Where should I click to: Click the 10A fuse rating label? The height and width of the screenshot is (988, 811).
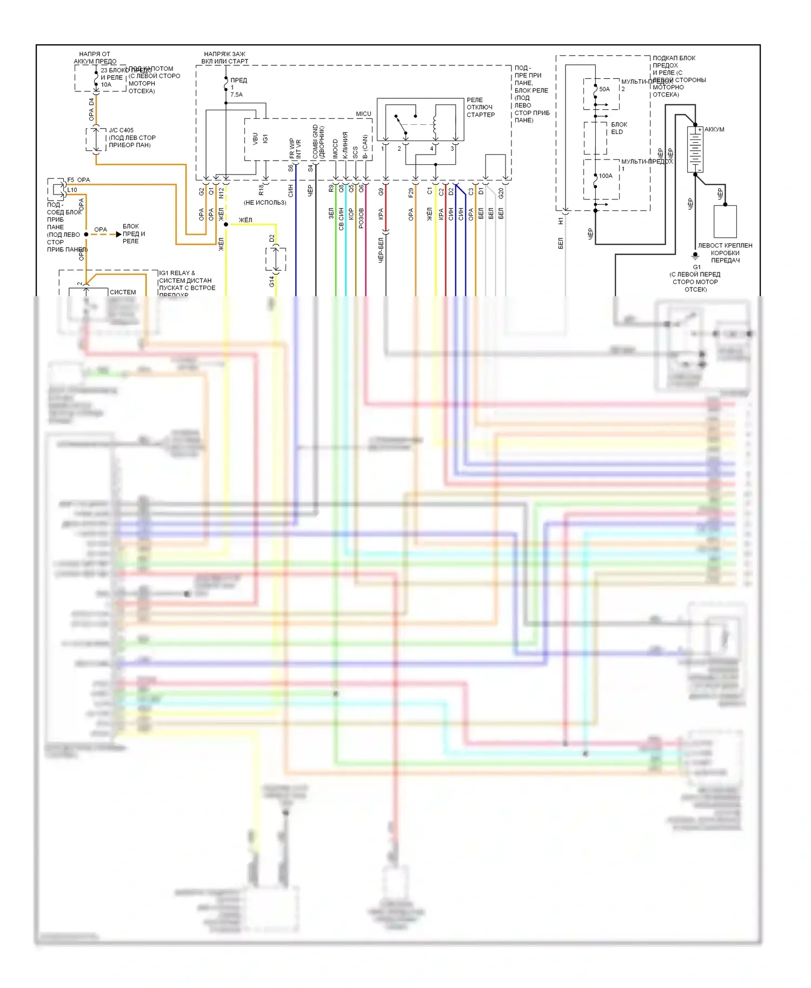106,85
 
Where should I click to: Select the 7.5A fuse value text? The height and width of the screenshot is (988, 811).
237,95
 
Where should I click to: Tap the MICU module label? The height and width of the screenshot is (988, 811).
363,114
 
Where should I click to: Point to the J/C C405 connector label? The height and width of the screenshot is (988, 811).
121,130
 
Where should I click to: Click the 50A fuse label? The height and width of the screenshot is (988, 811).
604,89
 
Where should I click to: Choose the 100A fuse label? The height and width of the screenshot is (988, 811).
606,176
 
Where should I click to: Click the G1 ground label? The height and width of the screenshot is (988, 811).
697,267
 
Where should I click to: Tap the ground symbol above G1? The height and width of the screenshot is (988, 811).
695,256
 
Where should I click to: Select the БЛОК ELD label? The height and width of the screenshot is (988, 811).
619,128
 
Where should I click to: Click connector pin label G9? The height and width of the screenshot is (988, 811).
381,191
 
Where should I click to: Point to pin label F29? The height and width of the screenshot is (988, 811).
411,192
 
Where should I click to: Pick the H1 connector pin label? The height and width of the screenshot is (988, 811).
561,221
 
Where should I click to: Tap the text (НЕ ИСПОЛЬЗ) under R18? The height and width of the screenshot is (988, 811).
265,203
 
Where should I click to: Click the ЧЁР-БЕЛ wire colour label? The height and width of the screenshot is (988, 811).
381,250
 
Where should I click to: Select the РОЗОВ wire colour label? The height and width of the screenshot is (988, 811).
361,218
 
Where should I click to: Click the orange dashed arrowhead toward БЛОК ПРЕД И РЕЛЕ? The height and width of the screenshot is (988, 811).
119,235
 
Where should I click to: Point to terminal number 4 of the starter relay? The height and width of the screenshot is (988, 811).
431,149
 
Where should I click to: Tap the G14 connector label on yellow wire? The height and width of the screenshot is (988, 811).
271,281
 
